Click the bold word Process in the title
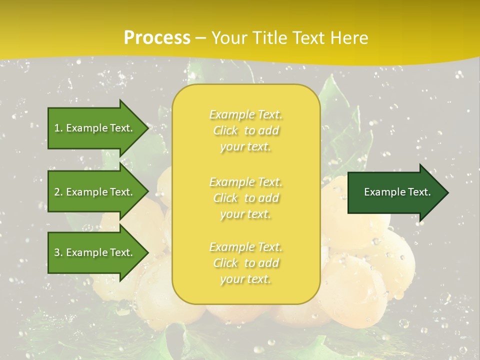point(157,38)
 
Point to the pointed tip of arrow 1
point(147,128)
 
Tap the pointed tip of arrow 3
point(147,252)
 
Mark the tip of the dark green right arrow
point(447,192)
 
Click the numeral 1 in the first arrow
point(57,128)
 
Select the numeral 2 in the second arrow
point(57,192)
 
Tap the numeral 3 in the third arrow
point(57,252)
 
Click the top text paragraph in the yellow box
point(245,130)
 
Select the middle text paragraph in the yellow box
point(245,198)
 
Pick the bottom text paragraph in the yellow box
point(245,263)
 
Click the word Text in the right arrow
point(419,192)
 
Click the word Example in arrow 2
point(86,192)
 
